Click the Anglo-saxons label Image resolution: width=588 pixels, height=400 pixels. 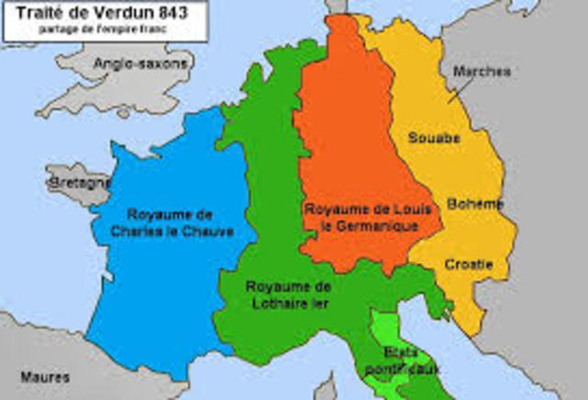pos(141,63)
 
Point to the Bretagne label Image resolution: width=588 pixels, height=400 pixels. pos(79,183)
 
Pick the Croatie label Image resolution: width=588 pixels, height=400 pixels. pos(469,265)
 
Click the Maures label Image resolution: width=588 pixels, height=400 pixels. pos(40,375)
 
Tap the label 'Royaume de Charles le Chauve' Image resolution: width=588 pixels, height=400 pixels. pos(179,223)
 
